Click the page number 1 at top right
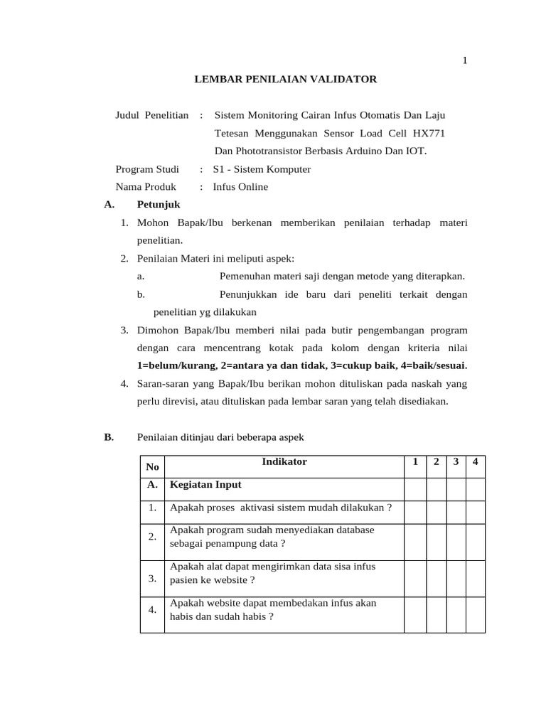click(x=465, y=61)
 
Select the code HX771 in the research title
click(x=429, y=133)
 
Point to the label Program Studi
click(x=147, y=169)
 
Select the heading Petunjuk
click(x=158, y=205)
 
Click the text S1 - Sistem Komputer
click(x=262, y=169)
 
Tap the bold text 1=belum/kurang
click(x=176, y=365)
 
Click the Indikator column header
click(x=284, y=462)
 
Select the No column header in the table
click(x=152, y=467)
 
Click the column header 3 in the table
click(x=456, y=462)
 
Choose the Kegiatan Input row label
click(x=205, y=485)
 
